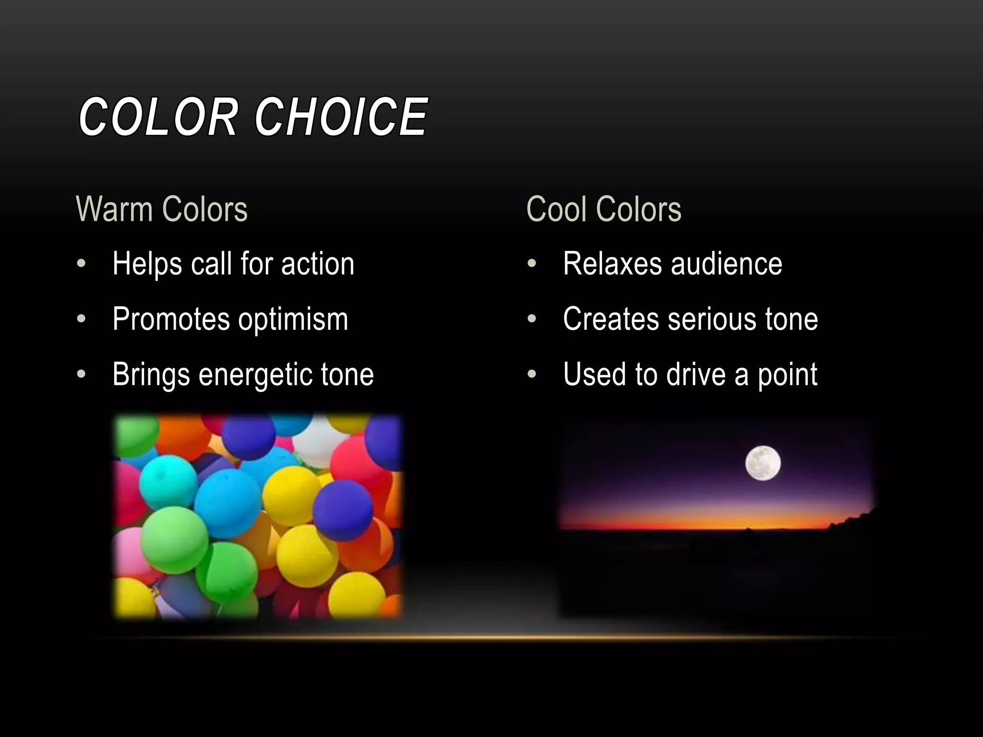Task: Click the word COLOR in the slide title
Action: point(157,117)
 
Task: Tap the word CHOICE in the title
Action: point(341,117)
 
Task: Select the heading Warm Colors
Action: point(162,209)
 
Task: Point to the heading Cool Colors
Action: point(604,209)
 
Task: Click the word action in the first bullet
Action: point(317,264)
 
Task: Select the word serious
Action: point(712,319)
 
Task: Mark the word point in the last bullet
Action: point(787,375)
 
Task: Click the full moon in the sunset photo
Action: point(763,463)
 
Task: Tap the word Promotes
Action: point(171,319)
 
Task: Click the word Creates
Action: point(611,319)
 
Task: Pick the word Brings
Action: point(151,375)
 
